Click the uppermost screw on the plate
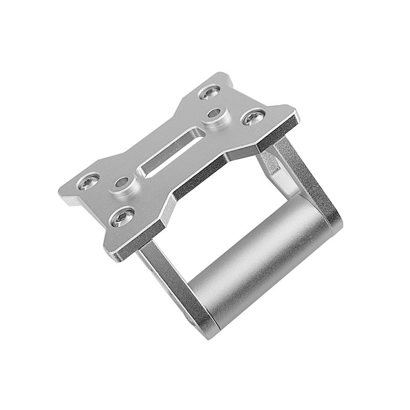pos(210,93)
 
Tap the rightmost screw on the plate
pos(254,117)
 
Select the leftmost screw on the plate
pos(88,181)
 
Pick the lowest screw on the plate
pos(122,217)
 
